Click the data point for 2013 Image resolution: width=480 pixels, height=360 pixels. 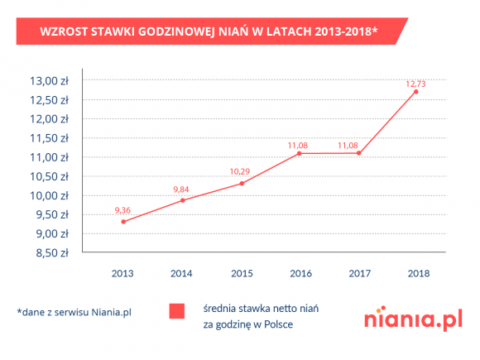[123, 222]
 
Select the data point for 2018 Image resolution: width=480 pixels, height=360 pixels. [415, 92]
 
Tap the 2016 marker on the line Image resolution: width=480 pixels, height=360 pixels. [298, 153]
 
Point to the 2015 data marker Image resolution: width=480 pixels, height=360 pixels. [242, 183]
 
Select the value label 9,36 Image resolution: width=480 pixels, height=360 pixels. [122, 210]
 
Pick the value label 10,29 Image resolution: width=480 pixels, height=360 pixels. [240, 171]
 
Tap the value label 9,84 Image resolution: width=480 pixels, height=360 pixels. [182, 190]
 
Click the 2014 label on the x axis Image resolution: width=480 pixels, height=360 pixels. [182, 272]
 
